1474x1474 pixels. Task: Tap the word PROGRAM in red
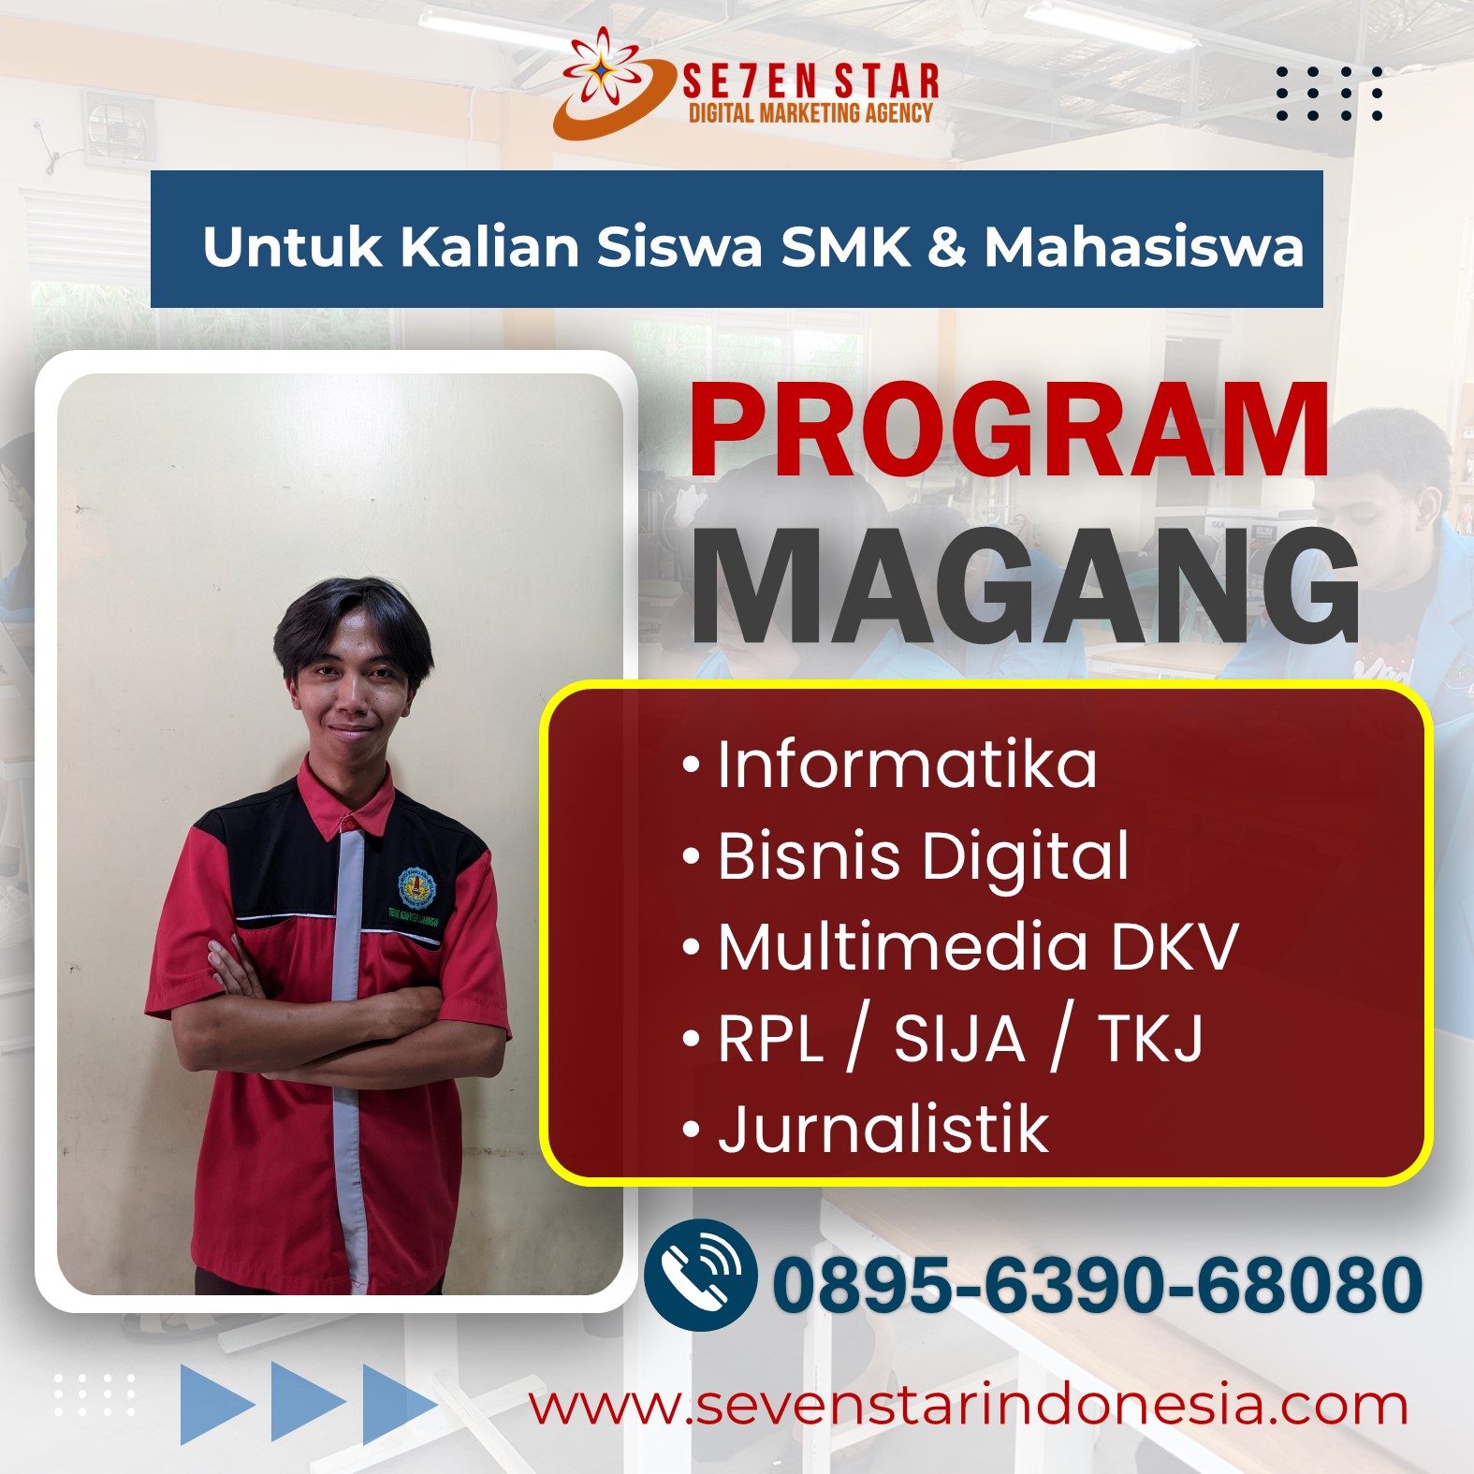[x=1009, y=431]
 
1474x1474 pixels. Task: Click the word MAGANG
[x=1025, y=586]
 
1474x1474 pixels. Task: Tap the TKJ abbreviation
[x=1151, y=1039]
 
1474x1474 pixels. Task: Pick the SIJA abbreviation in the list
[x=959, y=1039]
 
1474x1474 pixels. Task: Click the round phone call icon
[x=700, y=1275]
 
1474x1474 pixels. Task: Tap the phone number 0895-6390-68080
[x=1097, y=1284]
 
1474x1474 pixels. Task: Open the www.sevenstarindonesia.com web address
[x=968, y=1406]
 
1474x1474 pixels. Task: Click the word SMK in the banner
[x=846, y=247]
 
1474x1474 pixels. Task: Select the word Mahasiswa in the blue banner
[x=1144, y=247]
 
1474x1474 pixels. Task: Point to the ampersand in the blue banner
[x=947, y=248]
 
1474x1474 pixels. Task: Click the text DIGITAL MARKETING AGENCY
[x=810, y=113]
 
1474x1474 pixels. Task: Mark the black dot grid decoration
[x=1329, y=93]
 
